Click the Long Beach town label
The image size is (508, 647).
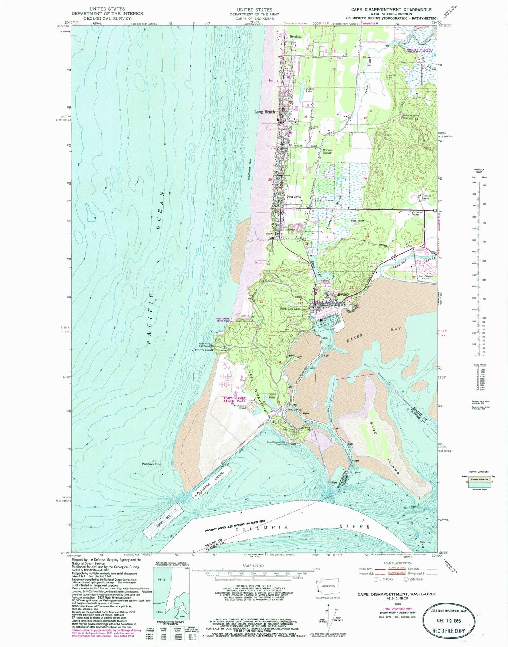click(x=265, y=112)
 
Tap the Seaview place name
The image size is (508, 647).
click(x=294, y=196)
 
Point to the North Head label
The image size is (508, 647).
click(x=204, y=350)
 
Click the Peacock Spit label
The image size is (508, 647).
click(x=152, y=464)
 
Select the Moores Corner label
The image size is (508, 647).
click(x=327, y=151)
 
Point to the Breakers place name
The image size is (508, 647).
click(x=296, y=37)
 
